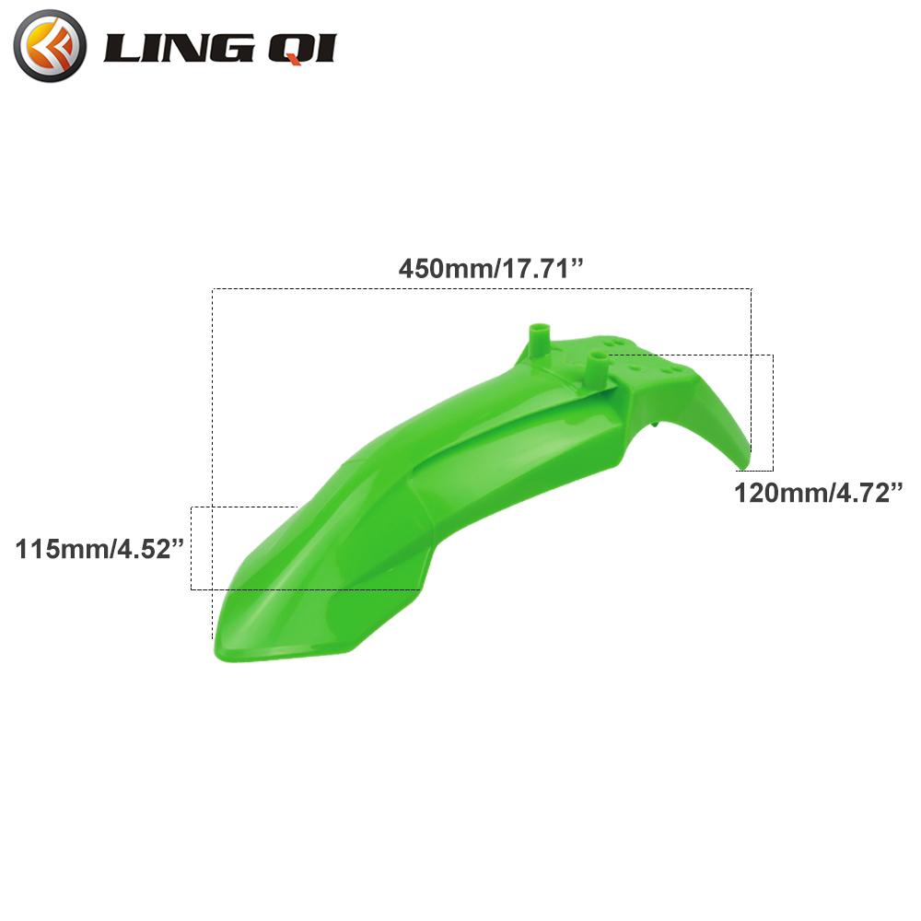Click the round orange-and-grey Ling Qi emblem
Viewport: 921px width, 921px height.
point(51,45)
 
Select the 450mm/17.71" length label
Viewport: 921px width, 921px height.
point(493,269)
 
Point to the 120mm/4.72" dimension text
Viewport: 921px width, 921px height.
point(816,493)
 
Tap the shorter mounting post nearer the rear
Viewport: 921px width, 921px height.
point(598,369)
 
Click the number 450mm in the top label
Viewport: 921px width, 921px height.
point(443,269)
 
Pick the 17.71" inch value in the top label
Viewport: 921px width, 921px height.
point(542,269)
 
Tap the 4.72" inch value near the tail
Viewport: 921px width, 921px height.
point(866,493)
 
